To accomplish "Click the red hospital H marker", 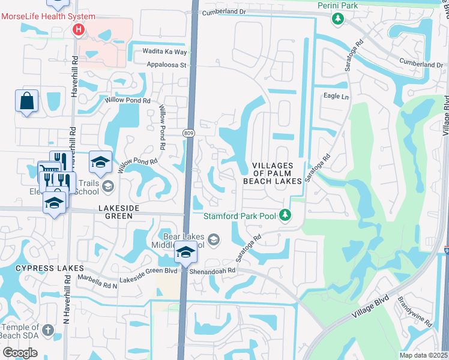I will tap(78, 29).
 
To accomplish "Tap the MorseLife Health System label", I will tap(41, 16).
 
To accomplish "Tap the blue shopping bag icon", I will tap(27, 101).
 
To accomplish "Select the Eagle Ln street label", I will tap(336, 97).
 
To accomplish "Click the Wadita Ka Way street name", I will tap(160, 52).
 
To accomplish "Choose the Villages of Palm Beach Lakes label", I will tap(272, 173).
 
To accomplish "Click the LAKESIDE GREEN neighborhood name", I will tap(119, 208).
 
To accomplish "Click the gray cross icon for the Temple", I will tap(49, 329).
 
